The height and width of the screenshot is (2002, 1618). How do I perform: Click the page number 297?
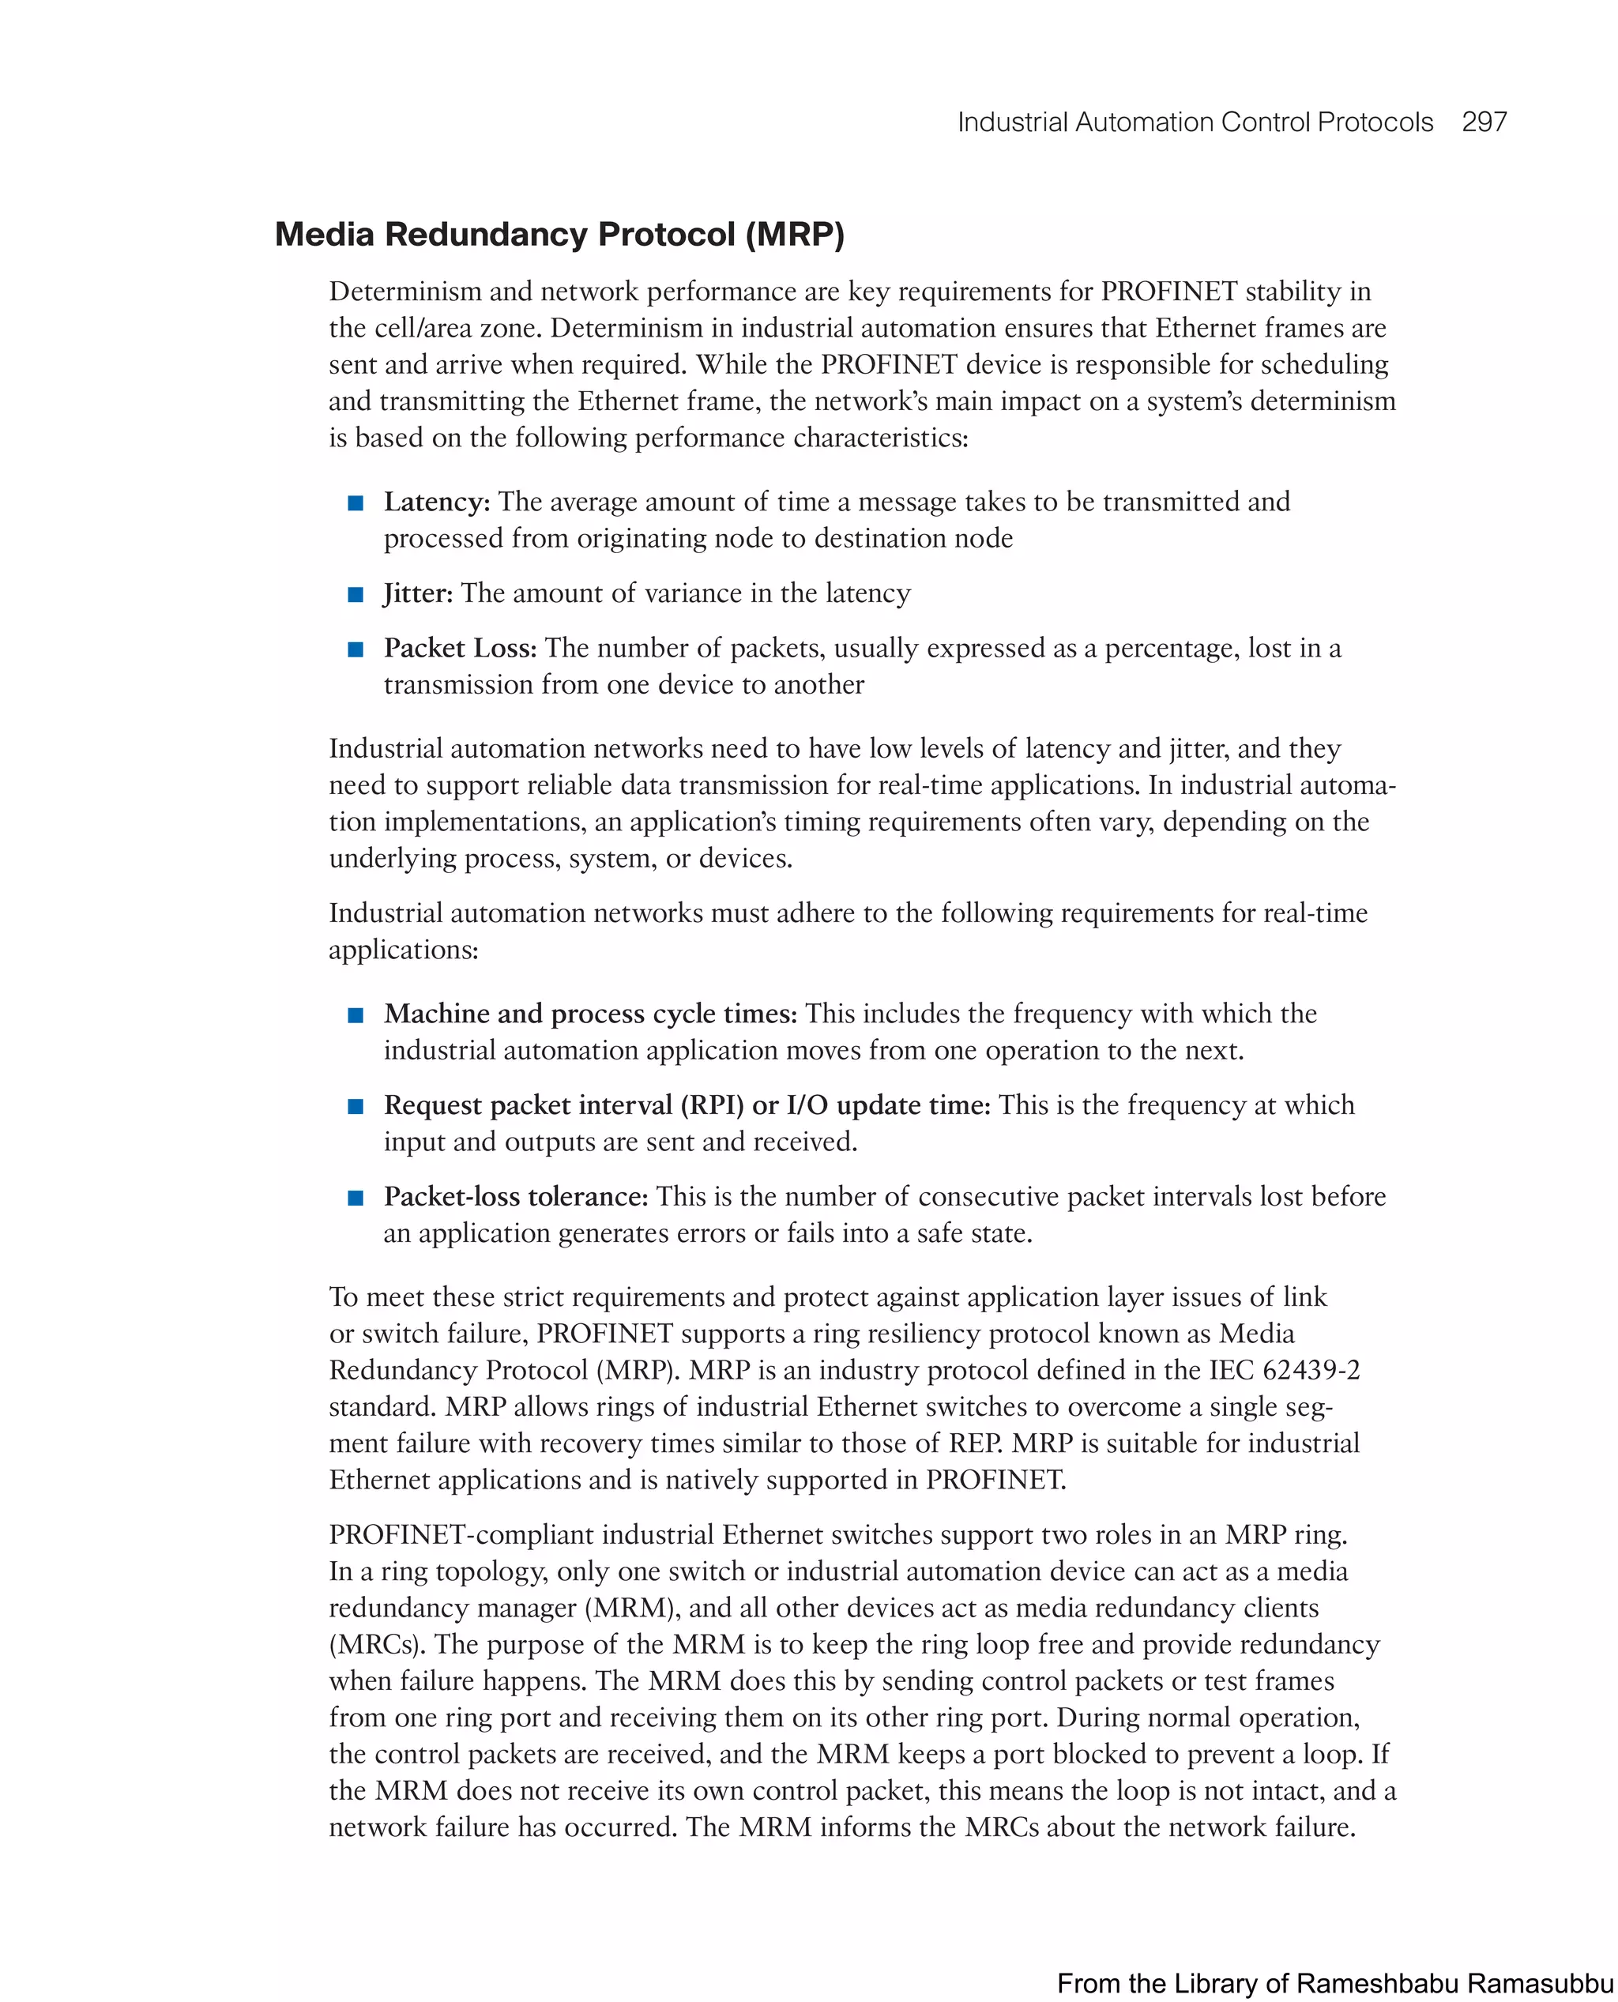(1484, 122)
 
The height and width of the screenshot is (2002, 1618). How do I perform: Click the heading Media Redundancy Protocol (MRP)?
(559, 234)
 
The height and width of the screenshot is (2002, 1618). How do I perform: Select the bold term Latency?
(436, 502)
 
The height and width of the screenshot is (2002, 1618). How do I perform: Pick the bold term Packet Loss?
(460, 648)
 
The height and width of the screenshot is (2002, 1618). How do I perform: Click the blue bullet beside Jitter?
(355, 595)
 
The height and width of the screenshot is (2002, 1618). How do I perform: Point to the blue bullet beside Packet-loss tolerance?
(355, 1198)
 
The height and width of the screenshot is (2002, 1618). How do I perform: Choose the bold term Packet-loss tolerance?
(515, 1196)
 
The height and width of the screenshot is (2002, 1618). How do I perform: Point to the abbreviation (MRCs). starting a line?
(377, 1644)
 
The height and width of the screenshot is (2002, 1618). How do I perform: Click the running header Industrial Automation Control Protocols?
(1195, 122)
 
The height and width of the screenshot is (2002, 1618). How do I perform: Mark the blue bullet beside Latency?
(355, 503)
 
